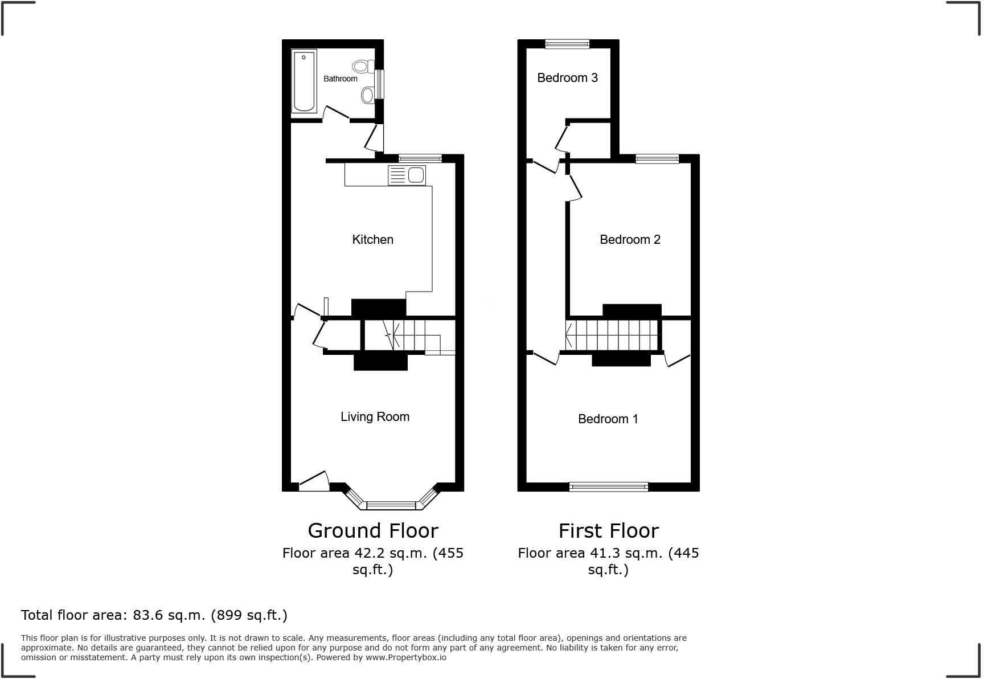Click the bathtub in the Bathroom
[304, 81]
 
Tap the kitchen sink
[407, 175]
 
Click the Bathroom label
[341, 79]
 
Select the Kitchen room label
[372, 239]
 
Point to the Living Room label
[375, 416]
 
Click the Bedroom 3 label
[567, 77]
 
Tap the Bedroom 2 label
[630, 239]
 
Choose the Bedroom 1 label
[608, 419]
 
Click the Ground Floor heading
[373, 530]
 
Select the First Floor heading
[608, 530]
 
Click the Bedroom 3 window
[567, 44]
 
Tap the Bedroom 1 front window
[608, 486]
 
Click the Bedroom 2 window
[657, 159]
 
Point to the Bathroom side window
[379, 84]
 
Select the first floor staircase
[613, 334]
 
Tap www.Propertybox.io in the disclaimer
[405, 657]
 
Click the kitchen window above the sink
[420, 159]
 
